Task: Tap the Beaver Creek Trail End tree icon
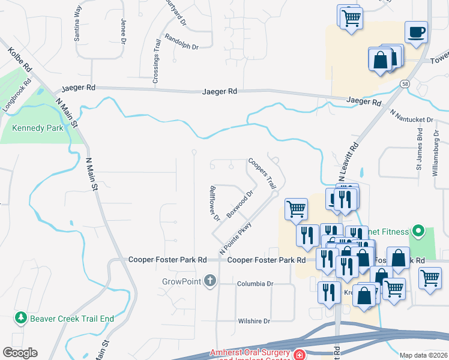tap(22, 318)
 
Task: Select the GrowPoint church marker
tap(209, 281)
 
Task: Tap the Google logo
tap(20, 353)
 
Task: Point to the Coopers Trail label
tap(261, 172)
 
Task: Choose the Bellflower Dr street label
tap(214, 203)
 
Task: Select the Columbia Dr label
tap(255, 284)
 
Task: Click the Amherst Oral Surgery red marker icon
tap(298, 355)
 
